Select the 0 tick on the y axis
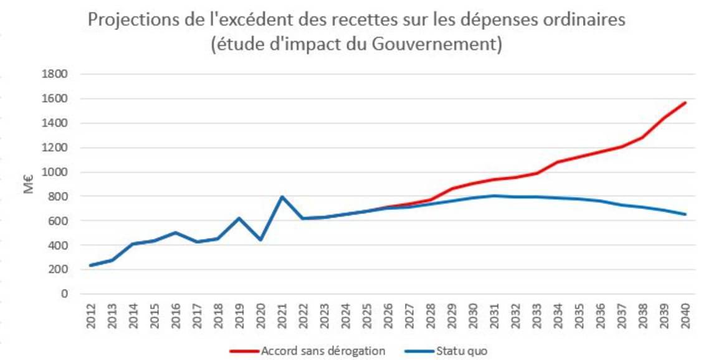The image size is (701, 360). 62,294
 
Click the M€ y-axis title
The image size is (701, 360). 29,184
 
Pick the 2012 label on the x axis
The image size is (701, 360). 91,315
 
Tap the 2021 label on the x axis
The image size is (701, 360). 282,315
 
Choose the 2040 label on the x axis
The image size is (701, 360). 685,315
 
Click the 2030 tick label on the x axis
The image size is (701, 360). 473,315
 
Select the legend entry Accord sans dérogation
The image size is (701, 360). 307,351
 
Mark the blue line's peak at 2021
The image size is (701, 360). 282,197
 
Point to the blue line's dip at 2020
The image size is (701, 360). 260,240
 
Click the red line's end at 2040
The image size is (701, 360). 685,102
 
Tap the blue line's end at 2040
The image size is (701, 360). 685,214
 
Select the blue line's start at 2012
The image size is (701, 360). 91,265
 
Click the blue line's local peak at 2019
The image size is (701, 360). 239,218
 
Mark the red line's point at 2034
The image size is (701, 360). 558,162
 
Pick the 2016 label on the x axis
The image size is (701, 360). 176,315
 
